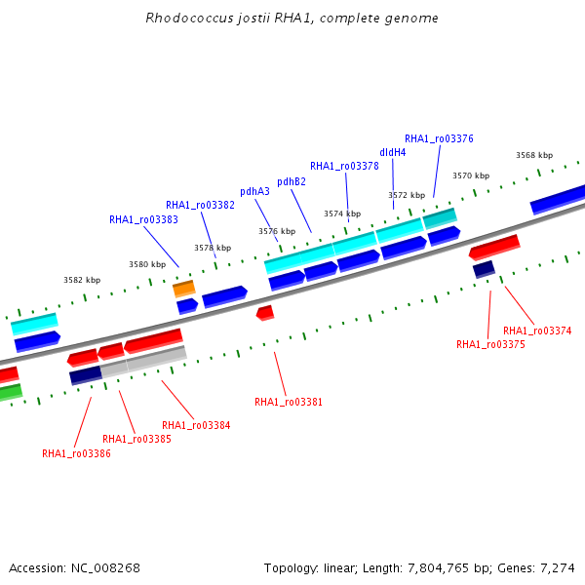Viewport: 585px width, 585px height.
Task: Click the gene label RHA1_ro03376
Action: tap(439, 138)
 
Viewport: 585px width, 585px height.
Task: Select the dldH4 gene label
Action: tap(393, 152)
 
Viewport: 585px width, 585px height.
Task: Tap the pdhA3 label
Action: tap(254, 191)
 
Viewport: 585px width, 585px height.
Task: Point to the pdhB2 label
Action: tap(292, 181)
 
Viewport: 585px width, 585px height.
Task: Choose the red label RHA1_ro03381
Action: tap(289, 402)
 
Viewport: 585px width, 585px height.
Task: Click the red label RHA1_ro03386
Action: tap(76, 453)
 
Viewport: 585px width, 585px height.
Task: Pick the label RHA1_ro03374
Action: tap(537, 331)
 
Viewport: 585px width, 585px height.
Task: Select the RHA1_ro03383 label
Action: tap(143, 219)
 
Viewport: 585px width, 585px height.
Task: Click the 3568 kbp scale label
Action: tap(534, 155)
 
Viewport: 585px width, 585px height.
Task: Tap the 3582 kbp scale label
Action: tap(82, 280)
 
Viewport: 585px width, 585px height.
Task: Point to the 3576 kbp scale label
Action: tap(277, 231)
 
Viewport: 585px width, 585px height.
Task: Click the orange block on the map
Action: tap(184, 289)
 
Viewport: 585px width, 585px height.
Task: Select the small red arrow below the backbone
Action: tap(265, 313)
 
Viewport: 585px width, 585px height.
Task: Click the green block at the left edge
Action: tap(11, 393)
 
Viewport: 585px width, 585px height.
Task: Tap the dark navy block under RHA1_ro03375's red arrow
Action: tap(484, 269)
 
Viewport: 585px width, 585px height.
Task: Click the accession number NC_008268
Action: tap(105, 568)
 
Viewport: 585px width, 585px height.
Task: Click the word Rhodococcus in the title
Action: tap(189, 18)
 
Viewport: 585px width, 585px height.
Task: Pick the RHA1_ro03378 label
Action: tap(344, 166)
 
